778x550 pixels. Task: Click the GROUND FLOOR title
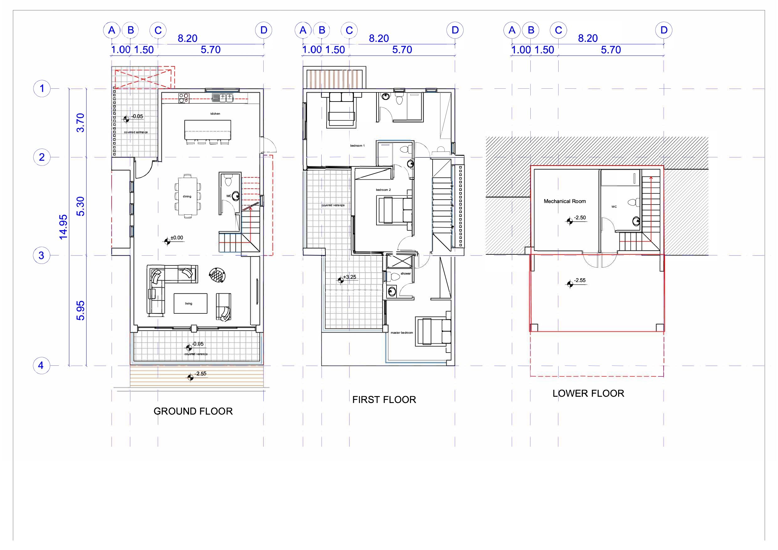(x=193, y=411)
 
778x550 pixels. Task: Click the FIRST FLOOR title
(x=384, y=400)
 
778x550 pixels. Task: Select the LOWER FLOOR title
(x=588, y=393)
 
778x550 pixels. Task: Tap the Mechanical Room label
(x=565, y=201)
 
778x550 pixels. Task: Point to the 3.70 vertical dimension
(x=80, y=123)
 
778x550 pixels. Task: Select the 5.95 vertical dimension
(x=80, y=310)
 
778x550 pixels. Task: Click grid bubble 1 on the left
(x=42, y=89)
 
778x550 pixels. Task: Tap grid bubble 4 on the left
(x=41, y=366)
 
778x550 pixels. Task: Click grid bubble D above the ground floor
(x=264, y=30)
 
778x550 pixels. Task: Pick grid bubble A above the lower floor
(x=512, y=30)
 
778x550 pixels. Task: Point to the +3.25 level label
(x=350, y=277)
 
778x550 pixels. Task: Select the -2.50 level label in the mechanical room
(x=580, y=218)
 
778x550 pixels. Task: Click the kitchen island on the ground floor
(x=208, y=130)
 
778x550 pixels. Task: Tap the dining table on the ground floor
(x=187, y=196)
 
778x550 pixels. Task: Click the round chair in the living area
(x=217, y=275)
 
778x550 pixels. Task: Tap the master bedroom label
(x=402, y=333)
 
